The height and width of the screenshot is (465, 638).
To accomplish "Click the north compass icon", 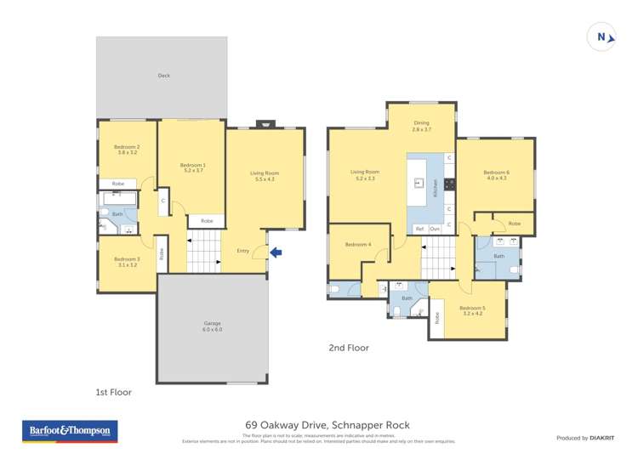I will [601, 37].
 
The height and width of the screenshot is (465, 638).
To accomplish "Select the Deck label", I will [163, 76].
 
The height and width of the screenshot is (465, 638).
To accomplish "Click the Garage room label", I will [212, 326].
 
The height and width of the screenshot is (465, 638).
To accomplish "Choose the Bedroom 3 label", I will [127, 262].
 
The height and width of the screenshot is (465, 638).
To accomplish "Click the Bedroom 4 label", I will [357, 245].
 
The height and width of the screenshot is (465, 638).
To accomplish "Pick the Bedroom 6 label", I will [496, 175].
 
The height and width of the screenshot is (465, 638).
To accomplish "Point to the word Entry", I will [243, 251].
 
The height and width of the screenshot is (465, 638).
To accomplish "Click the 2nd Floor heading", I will [348, 347].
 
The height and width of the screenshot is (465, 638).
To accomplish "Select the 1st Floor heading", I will [113, 392].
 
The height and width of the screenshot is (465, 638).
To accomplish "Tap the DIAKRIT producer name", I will [603, 438].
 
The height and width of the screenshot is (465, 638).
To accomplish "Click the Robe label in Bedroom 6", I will [514, 224].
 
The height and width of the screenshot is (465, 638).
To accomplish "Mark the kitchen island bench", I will [418, 182].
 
